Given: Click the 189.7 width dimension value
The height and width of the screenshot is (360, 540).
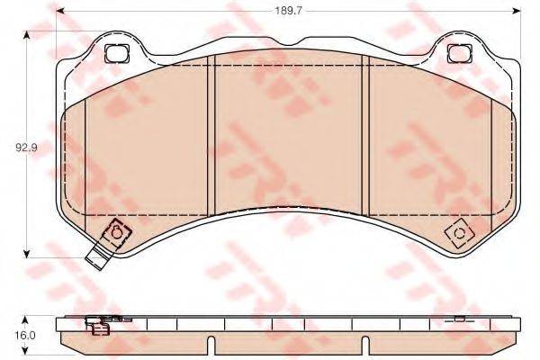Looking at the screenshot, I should (x=286, y=12).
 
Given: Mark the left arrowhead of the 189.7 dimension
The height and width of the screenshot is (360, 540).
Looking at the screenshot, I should (x=58, y=12).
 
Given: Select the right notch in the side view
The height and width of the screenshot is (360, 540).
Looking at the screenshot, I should (x=367, y=343).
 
